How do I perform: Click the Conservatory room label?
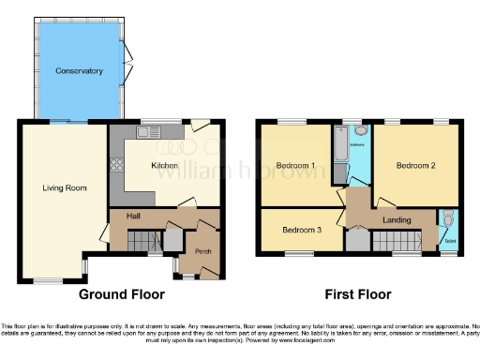[x=78, y=71]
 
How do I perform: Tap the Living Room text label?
[x=65, y=187]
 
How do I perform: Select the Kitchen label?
[x=165, y=166]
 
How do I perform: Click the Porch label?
[x=202, y=251]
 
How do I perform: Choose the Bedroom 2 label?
[x=415, y=166]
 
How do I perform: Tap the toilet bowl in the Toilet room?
[x=449, y=221]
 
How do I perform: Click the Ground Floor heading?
[x=116, y=294]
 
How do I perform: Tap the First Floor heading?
[x=352, y=294]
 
